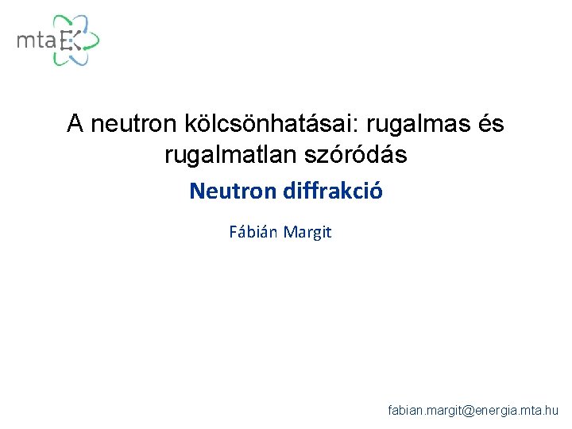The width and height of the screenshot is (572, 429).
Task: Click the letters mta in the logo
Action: pos(37,40)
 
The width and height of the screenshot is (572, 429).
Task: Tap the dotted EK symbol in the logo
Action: pos(70,40)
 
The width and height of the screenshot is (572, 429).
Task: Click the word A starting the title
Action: pos(75,124)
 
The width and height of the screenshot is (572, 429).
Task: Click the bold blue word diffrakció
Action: pos(329,191)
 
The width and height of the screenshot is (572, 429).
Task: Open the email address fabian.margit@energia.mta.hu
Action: pos(473,410)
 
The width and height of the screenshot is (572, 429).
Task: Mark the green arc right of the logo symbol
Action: pos(95,39)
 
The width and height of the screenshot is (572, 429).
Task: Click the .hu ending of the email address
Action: pos(551,410)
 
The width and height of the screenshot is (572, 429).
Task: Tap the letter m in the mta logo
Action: pos(25,41)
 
